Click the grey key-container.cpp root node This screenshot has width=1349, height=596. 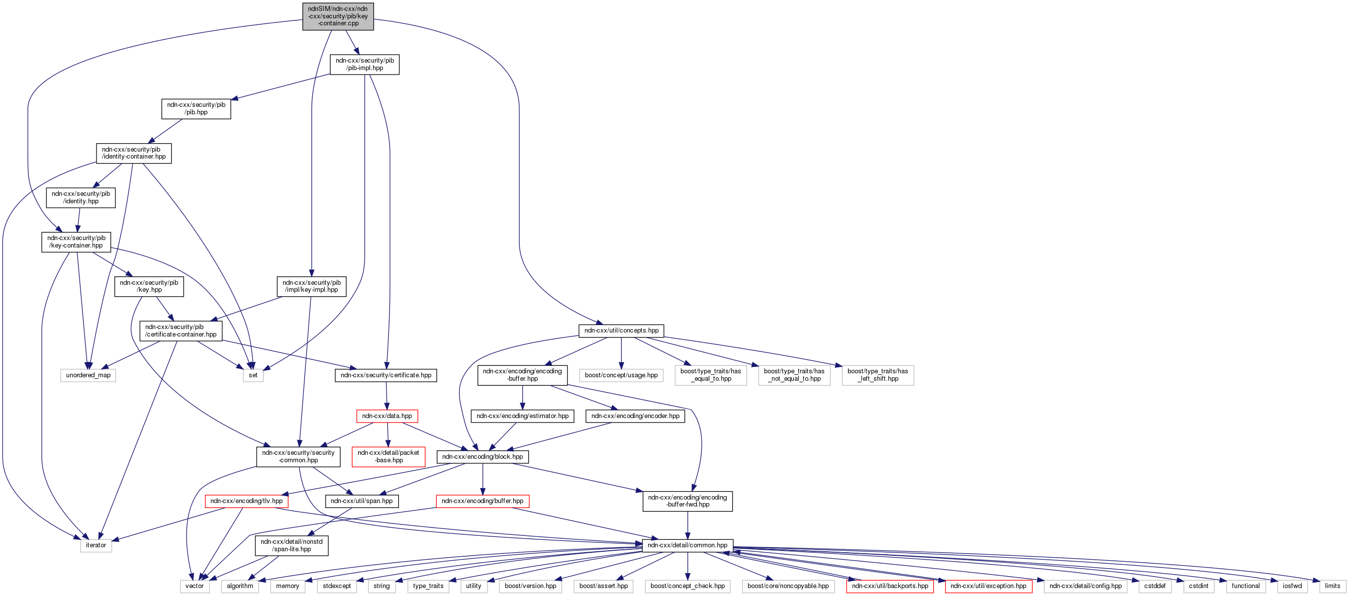coord(338,16)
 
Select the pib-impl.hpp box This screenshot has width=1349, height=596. coord(365,64)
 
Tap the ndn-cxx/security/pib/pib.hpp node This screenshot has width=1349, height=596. coord(196,109)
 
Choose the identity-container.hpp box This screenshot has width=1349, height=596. coord(133,153)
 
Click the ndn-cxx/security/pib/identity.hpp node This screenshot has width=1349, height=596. coord(81,197)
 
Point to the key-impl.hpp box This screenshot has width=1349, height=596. coord(311,286)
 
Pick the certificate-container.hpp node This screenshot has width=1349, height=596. coord(181,331)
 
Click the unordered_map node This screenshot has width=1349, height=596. coord(88,375)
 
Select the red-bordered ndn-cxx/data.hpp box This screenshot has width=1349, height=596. coord(387,416)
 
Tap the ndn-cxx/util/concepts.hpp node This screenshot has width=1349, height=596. coord(621,331)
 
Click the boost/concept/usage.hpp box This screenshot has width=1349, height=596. coord(621,375)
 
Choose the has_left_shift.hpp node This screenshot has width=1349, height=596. coord(877,375)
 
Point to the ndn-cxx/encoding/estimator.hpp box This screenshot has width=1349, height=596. coord(522,416)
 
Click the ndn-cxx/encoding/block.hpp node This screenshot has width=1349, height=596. coord(482,457)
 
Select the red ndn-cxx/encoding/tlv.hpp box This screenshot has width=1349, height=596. coord(246,501)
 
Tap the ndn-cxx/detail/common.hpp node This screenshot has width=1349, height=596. coord(687,545)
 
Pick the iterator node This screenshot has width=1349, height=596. coord(96,545)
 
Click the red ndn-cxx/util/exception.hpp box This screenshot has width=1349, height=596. coord(988,586)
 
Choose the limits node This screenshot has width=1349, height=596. coord(1332,586)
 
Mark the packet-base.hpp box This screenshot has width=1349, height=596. coord(388,457)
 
